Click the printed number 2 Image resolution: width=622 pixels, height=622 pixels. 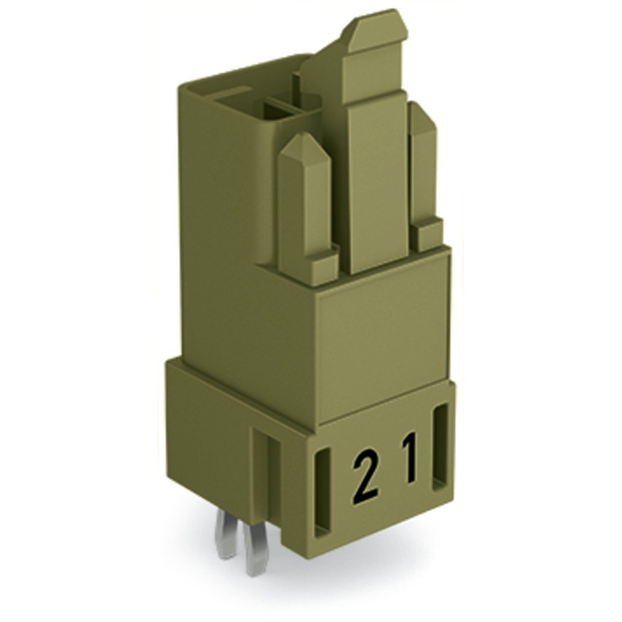[x=366, y=477]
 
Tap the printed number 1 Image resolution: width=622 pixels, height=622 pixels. [x=409, y=460]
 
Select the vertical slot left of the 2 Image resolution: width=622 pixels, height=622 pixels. [x=323, y=493]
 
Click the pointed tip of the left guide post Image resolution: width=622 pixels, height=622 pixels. [x=303, y=144]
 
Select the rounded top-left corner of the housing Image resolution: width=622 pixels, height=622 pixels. [x=187, y=84]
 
